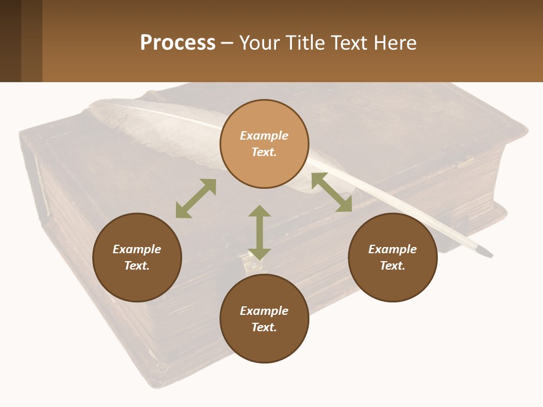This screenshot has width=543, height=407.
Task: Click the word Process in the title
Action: click(178, 43)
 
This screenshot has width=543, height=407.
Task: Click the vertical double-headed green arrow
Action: click(260, 232)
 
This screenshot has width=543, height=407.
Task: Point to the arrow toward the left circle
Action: click(196, 198)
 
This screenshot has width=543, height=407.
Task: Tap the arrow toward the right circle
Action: click(332, 192)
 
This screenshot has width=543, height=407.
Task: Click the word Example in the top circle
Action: click(264, 136)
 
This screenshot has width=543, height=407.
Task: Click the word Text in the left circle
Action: click(137, 266)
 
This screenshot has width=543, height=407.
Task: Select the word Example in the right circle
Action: click(393, 249)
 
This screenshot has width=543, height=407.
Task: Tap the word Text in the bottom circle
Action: click(264, 327)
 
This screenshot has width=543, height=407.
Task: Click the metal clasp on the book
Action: click(247, 262)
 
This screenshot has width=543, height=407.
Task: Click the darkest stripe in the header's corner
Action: click(10, 41)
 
